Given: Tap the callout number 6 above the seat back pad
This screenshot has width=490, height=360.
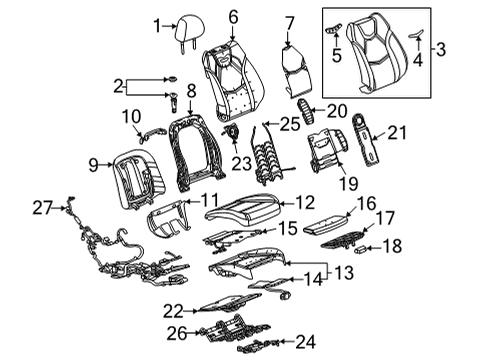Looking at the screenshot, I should coord(233,16).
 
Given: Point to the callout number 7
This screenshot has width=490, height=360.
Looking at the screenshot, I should coord(289,22).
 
